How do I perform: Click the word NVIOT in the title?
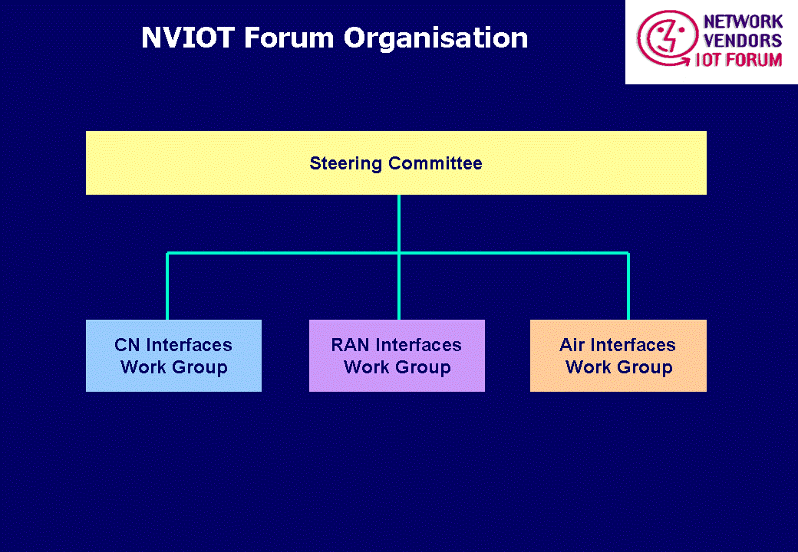[x=188, y=38]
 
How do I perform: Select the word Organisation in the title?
[x=436, y=38]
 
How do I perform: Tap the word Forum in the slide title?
[x=289, y=38]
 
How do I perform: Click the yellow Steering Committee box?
[x=396, y=163]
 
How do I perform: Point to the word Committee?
[x=435, y=163]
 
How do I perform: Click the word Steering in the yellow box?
[x=345, y=164]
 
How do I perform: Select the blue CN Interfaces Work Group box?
[x=173, y=355]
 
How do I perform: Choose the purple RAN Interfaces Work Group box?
[x=397, y=355]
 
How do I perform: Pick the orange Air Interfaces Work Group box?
[x=618, y=355]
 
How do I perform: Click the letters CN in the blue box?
[x=127, y=345]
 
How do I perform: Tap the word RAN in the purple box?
[x=350, y=345]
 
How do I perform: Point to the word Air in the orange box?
[x=572, y=345]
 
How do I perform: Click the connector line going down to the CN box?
[x=167, y=286]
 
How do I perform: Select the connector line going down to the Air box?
[x=628, y=286]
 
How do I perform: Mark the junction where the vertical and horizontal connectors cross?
[x=399, y=253]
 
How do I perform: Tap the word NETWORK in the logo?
[x=743, y=22]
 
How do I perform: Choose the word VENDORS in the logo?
[x=743, y=41]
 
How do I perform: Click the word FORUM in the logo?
[x=753, y=60]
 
